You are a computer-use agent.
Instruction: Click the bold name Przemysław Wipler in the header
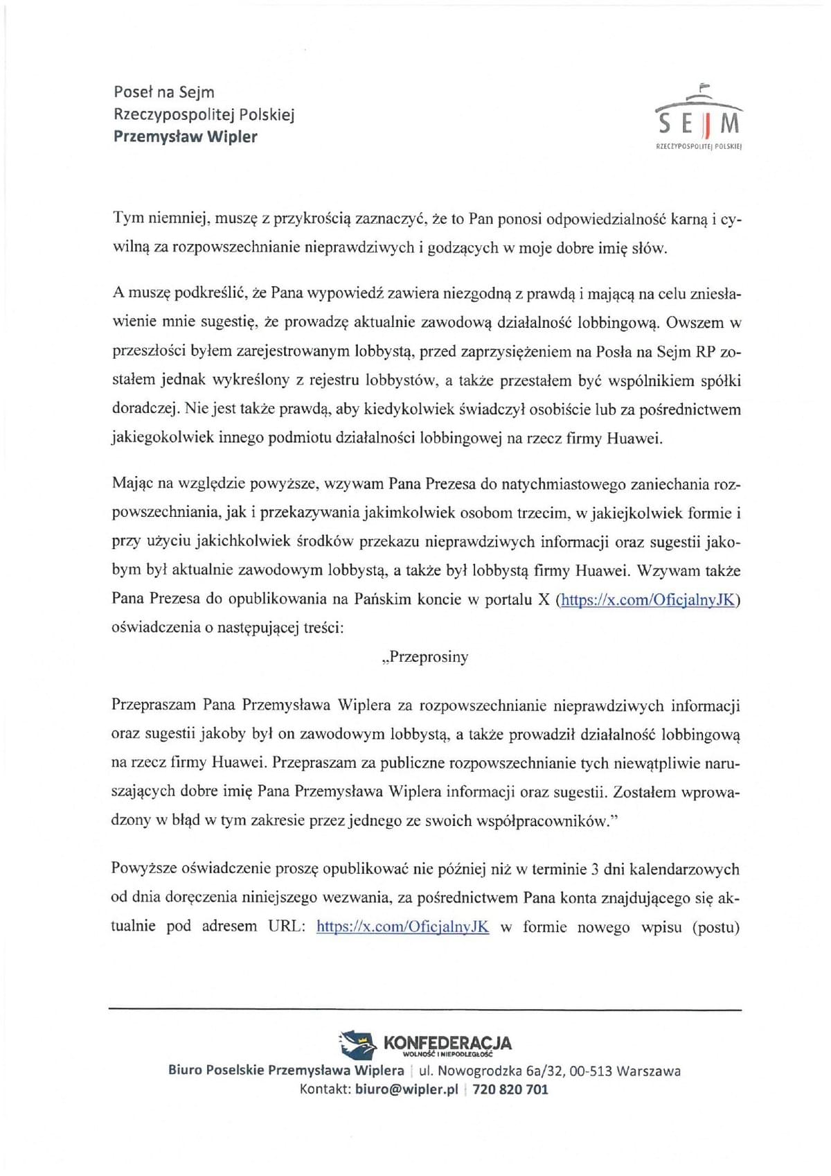pyautogui.click(x=185, y=137)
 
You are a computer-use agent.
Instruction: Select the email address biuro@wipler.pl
pyautogui.click(x=406, y=1089)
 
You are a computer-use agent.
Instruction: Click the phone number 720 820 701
pyautogui.click(x=510, y=1089)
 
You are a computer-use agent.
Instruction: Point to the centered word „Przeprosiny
pyautogui.click(x=425, y=657)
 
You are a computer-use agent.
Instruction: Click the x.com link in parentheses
pyautogui.click(x=647, y=599)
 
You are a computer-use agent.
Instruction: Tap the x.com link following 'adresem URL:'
pyautogui.click(x=402, y=927)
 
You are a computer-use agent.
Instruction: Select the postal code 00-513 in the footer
pyautogui.click(x=591, y=1071)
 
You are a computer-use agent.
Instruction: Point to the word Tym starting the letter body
pyautogui.click(x=129, y=219)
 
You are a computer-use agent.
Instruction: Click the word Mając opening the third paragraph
pyautogui.click(x=132, y=484)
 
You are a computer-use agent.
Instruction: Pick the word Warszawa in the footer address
pyautogui.click(x=648, y=1071)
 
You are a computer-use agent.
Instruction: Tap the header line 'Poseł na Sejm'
pyautogui.click(x=164, y=92)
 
